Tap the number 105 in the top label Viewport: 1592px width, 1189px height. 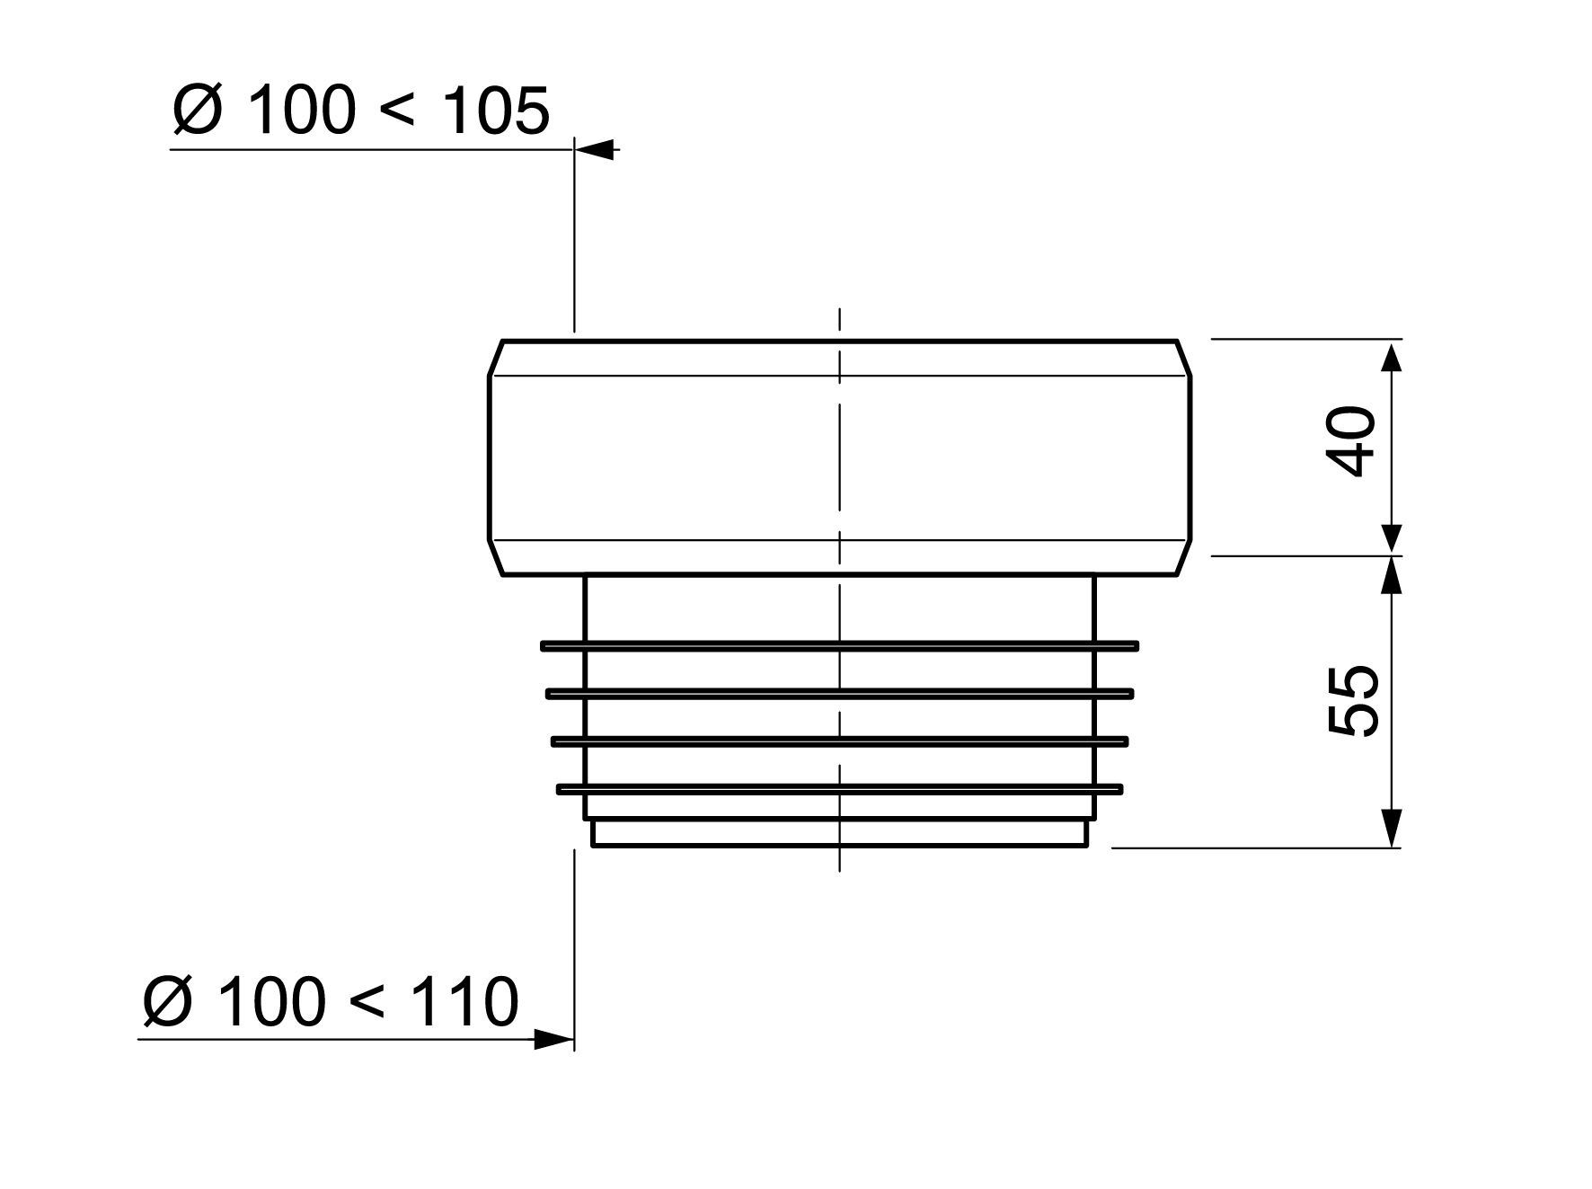tap(496, 112)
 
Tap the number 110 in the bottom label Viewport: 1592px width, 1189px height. tap(465, 1002)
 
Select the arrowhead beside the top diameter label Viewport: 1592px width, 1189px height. tap(597, 149)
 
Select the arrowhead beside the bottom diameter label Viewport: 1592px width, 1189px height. tap(552, 1040)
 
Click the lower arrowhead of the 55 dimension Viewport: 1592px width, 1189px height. tap(1391, 828)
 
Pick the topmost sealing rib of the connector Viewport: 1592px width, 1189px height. tap(840, 645)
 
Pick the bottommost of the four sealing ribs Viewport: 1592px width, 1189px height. tap(840, 789)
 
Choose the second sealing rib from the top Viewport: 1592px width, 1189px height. tap(840, 693)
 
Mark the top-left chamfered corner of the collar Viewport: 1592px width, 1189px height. tap(495, 358)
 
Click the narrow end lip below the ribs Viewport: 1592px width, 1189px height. tap(840, 833)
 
